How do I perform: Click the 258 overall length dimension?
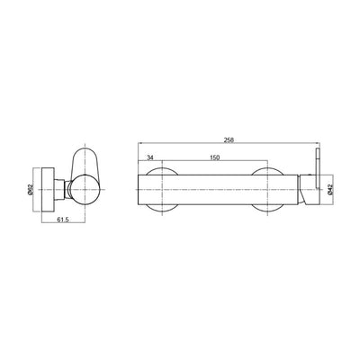(x=229, y=139)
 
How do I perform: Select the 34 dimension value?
(x=149, y=157)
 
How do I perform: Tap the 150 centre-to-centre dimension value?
(x=215, y=157)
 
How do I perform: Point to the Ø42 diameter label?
(x=329, y=190)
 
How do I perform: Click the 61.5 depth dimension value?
(x=63, y=220)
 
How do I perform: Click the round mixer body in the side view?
(x=85, y=190)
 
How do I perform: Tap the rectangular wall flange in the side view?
(x=48, y=190)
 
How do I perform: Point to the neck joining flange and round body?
(x=61, y=190)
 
